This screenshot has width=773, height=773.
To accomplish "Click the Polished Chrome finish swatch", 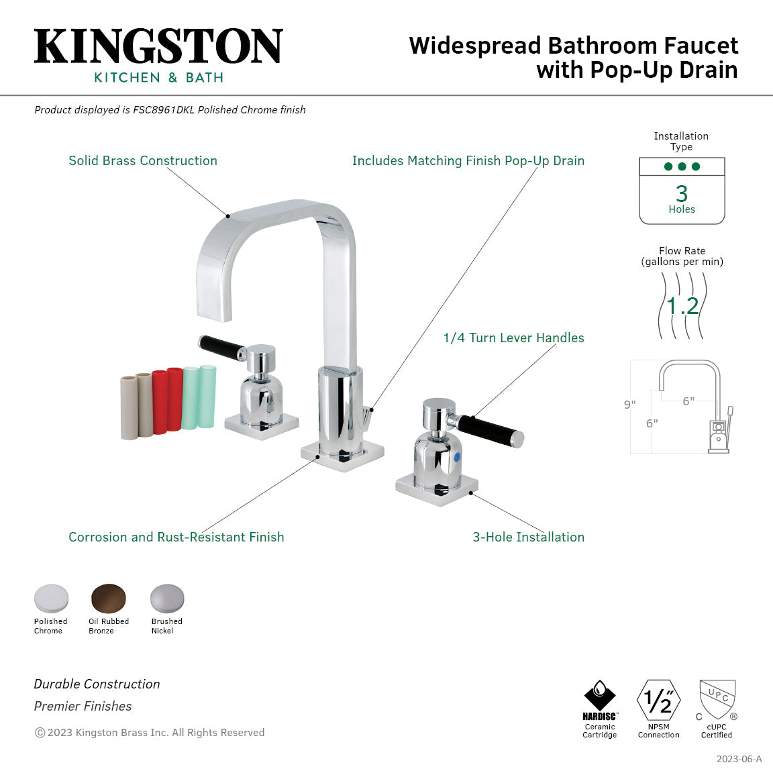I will [x=51, y=599].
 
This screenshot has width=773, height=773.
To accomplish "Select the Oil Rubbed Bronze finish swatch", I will [x=109, y=599].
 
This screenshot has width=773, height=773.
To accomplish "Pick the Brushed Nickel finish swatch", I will [x=166, y=599].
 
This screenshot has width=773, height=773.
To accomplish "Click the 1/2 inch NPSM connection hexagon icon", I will [x=658, y=701].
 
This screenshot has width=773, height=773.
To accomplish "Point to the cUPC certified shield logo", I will [x=717, y=699].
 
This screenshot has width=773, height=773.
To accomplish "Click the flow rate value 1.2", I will [x=682, y=306].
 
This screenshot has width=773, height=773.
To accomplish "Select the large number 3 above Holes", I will [x=682, y=193].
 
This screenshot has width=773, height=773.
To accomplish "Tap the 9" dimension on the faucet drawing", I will [x=629, y=405].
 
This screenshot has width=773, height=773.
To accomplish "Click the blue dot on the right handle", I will [x=458, y=457].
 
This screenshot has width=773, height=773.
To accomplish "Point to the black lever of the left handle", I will [x=222, y=346].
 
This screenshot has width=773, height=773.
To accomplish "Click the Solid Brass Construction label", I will [x=143, y=160].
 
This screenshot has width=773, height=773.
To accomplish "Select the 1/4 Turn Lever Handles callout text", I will [x=513, y=338].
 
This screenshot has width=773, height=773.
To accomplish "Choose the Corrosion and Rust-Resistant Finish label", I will [x=176, y=537].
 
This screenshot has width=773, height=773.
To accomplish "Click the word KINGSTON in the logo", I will [x=158, y=47].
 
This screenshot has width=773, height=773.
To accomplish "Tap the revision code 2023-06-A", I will [x=739, y=759].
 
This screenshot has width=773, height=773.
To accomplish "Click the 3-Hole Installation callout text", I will [x=528, y=537].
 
